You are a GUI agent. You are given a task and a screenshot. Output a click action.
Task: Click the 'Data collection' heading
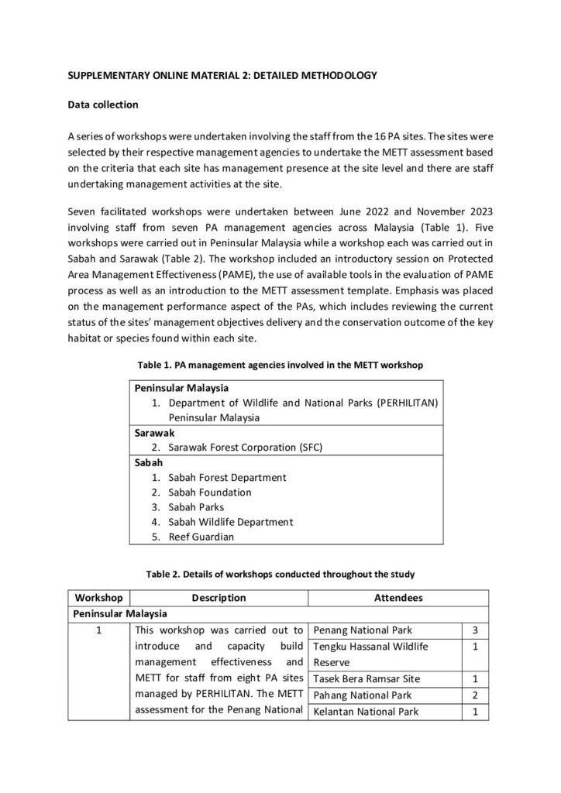click(103, 104)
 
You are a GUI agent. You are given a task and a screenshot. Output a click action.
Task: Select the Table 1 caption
click(280, 365)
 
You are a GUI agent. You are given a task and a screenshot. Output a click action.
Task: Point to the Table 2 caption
click(280, 574)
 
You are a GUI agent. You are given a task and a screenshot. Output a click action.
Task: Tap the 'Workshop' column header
click(98, 598)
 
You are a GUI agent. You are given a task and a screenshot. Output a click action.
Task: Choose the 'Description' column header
click(219, 598)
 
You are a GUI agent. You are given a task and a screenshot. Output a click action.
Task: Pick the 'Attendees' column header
click(398, 598)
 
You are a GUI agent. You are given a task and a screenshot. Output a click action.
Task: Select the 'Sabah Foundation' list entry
click(209, 492)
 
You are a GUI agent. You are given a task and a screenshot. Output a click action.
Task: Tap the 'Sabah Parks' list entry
click(196, 506)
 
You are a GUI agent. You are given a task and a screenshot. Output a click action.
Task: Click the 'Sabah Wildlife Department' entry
click(230, 521)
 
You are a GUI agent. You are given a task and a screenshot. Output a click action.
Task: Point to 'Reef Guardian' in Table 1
click(201, 536)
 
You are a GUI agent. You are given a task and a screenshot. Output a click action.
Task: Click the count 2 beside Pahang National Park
click(475, 695)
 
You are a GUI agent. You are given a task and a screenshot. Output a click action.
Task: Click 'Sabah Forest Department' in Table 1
click(227, 477)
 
